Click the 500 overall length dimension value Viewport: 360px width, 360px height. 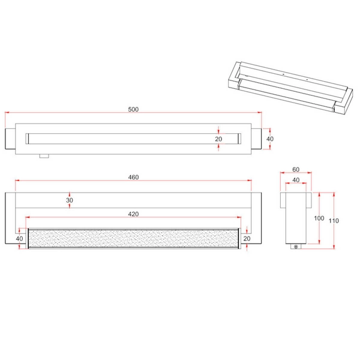tap(133, 109)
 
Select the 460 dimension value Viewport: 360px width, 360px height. tap(133, 177)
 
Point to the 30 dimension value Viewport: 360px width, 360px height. tap(70, 200)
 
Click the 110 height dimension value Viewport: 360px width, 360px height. tap(334, 221)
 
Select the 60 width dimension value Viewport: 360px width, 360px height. tap(296, 170)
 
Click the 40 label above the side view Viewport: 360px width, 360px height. tap(296, 180)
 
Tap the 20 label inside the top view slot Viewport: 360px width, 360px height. tap(219, 139)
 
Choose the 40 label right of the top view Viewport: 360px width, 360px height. tap(269, 139)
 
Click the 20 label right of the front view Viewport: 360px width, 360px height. tap(247, 238)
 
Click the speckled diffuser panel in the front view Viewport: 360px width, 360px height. tap(133, 238)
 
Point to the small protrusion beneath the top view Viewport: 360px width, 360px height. tap(43, 157)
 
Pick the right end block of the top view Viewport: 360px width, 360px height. tap(256, 139)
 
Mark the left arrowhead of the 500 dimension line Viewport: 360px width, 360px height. tap(7, 113)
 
